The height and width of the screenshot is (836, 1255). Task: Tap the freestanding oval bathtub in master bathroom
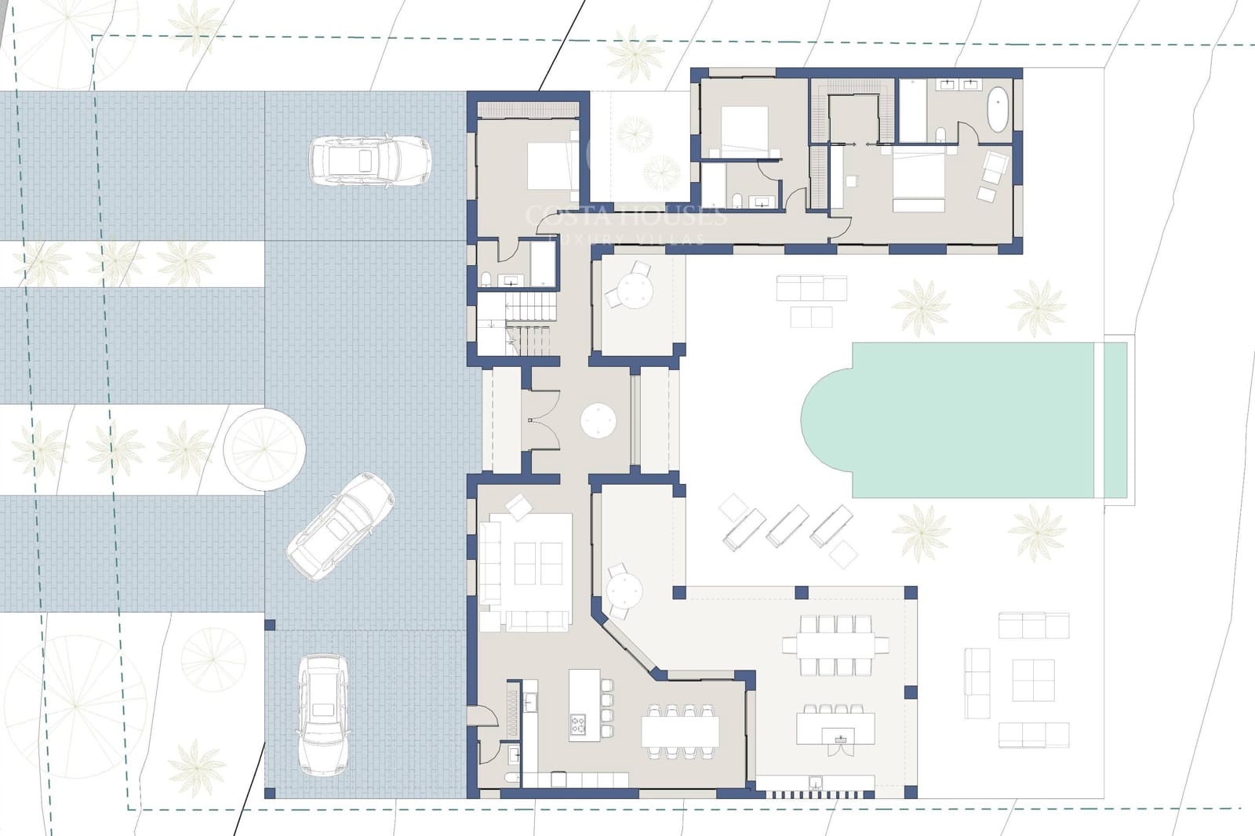pyautogui.click(x=998, y=109)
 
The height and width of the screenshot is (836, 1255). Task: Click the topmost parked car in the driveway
pyautogui.click(x=369, y=161)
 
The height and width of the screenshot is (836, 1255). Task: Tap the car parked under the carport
pyautogui.click(x=322, y=714)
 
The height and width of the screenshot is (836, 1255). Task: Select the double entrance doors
pyautogui.click(x=541, y=420)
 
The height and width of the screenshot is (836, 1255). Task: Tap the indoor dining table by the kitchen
pyautogui.click(x=679, y=732)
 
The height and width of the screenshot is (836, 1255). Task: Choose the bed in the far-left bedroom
pyautogui.click(x=552, y=165)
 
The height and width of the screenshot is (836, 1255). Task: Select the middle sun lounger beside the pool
pyautogui.click(x=787, y=525)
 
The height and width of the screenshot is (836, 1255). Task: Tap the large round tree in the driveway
pyautogui.click(x=264, y=448)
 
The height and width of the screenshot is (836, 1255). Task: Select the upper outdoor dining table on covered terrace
pyautogui.click(x=835, y=645)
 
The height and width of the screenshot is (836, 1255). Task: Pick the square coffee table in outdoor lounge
pyautogui.click(x=1032, y=680)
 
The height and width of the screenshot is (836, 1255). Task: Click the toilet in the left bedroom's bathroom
pyautogui.click(x=486, y=279)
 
